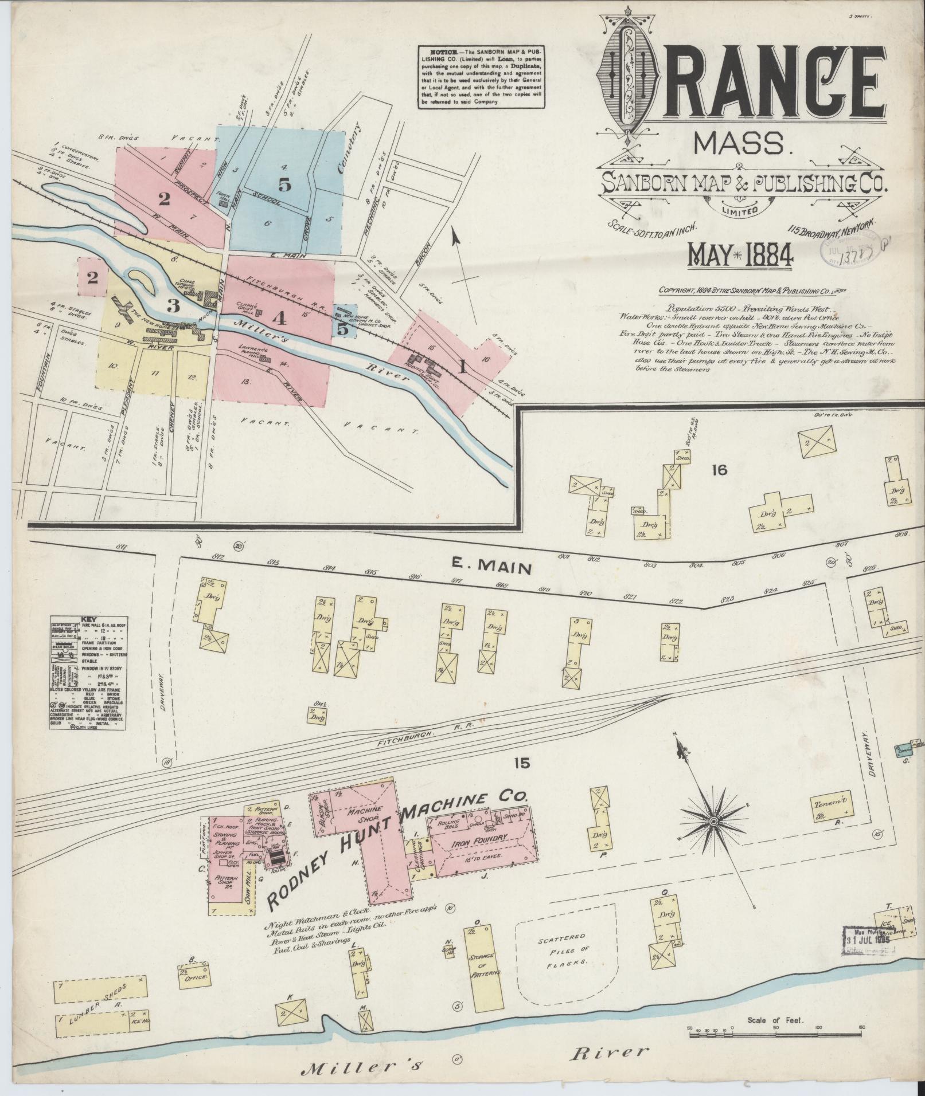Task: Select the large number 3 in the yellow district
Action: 173,305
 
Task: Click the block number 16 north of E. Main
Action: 719,470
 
